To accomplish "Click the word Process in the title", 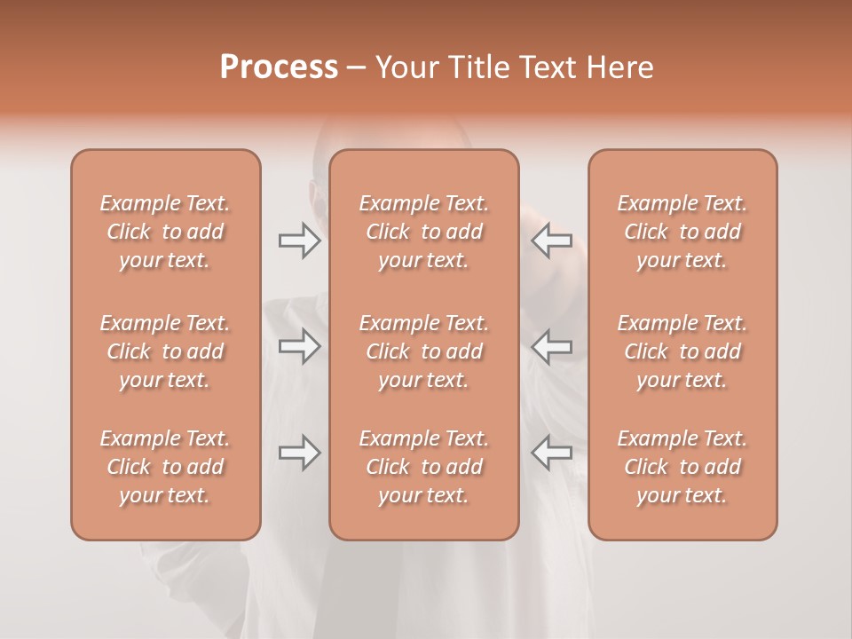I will click(x=279, y=67).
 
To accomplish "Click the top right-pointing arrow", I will click(x=299, y=241).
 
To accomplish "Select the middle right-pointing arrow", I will click(x=299, y=346).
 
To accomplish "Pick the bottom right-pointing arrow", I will click(x=299, y=453).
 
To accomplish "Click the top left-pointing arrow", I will click(x=551, y=241).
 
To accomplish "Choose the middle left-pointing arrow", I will click(x=551, y=346).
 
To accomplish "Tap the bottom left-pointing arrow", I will click(x=551, y=453).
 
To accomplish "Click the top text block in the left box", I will click(x=165, y=232).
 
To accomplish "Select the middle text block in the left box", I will click(x=165, y=351).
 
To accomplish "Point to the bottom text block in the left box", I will click(x=165, y=467).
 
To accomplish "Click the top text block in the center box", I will click(x=424, y=232).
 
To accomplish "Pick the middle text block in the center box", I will click(x=424, y=351).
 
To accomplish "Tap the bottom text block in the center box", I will click(x=424, y=467).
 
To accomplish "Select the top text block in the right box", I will click(x=682, y=232).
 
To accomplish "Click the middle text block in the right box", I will click(x=682, y=351).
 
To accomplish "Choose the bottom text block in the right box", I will click(x=682, y=467).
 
